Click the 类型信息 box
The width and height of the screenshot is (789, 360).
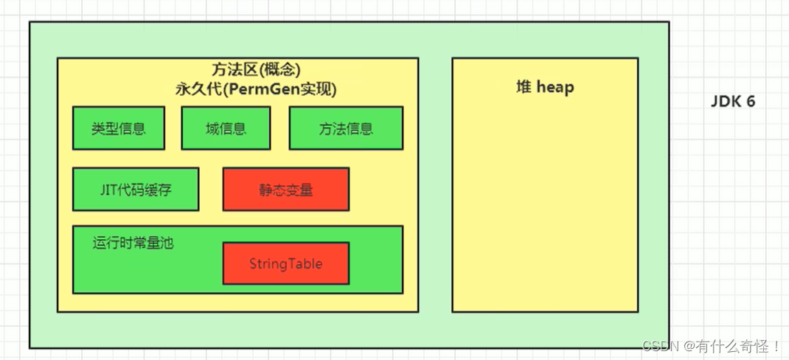(x=118, y=128)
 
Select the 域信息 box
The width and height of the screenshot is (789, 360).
(x=226, y=128)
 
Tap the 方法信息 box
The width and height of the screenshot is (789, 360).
(x=346, y=128)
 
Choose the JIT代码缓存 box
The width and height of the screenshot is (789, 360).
(x=136, y=189)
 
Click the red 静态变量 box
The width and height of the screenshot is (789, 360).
(x=285, y=190)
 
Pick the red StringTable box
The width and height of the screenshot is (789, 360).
(x=285, y=263)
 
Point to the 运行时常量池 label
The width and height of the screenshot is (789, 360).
(x=133, y=242)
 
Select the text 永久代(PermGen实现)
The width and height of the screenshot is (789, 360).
(x=255, y=89)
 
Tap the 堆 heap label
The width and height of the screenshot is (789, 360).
(x=545, y=87)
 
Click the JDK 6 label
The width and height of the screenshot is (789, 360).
(x=733, y=102)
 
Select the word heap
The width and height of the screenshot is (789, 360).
(x=555, y=87)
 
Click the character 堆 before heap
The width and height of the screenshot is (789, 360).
(x=524, y=87)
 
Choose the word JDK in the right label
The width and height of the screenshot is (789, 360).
(x=726, y=102)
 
